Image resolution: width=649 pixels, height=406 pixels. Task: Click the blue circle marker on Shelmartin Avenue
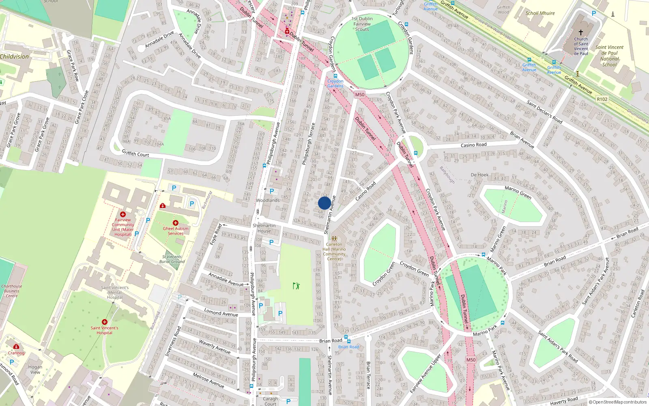pos(324,203)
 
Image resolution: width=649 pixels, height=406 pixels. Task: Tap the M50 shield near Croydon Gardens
pos(359,95)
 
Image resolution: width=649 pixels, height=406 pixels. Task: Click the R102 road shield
pos(602,99)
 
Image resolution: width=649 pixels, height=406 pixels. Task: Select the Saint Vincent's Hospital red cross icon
pos(105,322)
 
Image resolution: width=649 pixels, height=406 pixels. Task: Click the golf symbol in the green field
pos(296,286)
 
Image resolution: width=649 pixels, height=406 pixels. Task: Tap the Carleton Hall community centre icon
pos(334,239)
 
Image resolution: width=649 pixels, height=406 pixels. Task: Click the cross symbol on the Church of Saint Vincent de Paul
pos(581,32)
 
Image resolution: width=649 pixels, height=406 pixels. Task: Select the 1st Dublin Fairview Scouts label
pos(362,24)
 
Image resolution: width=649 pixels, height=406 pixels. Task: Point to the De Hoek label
pos(479,175)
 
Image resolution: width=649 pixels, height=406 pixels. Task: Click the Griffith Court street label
pos(135,153)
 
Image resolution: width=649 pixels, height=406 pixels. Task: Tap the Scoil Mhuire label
pos(540,13)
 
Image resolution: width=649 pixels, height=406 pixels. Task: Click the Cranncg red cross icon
pos(16,346)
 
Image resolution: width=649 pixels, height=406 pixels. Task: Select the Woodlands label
pos(268,200)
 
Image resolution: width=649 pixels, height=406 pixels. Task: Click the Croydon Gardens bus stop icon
pos(335,76)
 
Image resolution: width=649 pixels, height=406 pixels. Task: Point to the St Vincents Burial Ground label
pos(172,259)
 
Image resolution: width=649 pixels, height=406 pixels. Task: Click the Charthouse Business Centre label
pos(12,291)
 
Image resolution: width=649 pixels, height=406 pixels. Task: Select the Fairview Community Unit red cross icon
pos(123,214)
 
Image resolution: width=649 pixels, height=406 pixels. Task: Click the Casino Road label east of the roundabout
pos(473,145)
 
